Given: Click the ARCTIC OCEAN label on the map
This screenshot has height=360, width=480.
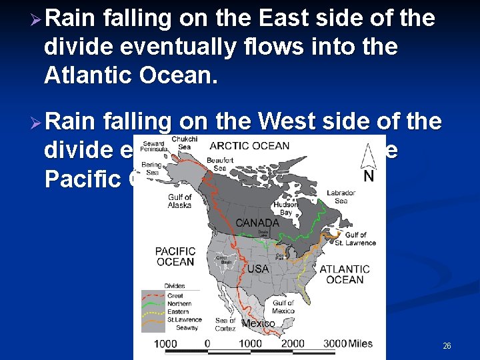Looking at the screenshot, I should pos(249,146).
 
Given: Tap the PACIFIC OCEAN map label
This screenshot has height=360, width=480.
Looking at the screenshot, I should pos(175,257).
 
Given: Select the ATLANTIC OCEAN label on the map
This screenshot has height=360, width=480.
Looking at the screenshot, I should pos(345,274).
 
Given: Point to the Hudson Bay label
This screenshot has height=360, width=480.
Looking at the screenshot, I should pos(285,209).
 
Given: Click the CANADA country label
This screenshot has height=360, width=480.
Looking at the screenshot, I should pos(257,223).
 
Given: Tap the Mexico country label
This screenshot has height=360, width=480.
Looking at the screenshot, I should pos(258,323).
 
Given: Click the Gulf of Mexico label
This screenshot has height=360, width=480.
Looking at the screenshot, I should pos(283,307).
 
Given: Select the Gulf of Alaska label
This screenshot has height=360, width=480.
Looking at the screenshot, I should pos(179,201).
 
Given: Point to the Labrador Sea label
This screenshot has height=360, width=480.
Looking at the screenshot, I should pos(341,197).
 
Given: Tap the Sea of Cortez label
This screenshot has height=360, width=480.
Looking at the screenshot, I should pos(225,325).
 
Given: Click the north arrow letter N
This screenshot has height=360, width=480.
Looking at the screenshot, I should pos(368,177).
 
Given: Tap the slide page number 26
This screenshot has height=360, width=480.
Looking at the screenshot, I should pos(447,346).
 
